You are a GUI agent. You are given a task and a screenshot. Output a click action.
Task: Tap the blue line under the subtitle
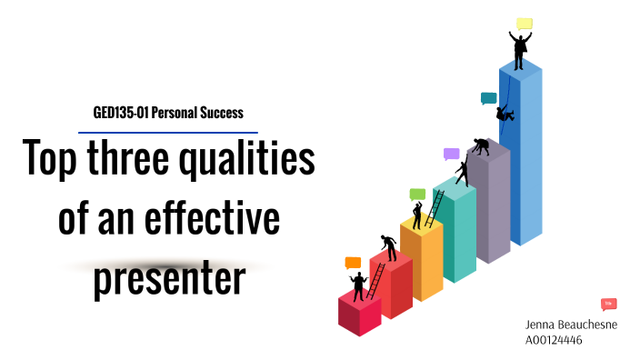pyautogui.click(x=168, y=133)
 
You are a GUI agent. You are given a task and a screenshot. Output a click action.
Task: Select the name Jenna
pyautogui.click(x=543, y=325)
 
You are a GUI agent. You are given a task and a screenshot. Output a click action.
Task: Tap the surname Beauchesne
pyautogui.click(x=590, y=325)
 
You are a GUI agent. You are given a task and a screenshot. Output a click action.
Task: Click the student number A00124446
pyautogui.click(x=555, y=340)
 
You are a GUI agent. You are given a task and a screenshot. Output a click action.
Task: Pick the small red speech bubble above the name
pyautogui.click(x=609, y=304)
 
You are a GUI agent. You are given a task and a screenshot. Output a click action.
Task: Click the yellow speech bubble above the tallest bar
pyautogui.click(x=525, y=24)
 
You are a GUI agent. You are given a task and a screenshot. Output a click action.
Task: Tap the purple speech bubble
pyautogui.click(x=451, y=154)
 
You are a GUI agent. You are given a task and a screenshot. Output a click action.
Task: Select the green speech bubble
pyautogui.click(x=417, y=194)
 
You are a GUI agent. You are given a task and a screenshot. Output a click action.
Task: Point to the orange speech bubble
pyautogui.click(x=353, y=263)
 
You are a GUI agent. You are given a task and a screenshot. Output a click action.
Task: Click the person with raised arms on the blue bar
pyautogui.click(x=519, y=50)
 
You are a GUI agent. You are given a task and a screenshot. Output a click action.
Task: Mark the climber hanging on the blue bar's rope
pyautogui.click(x=504, y=114)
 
